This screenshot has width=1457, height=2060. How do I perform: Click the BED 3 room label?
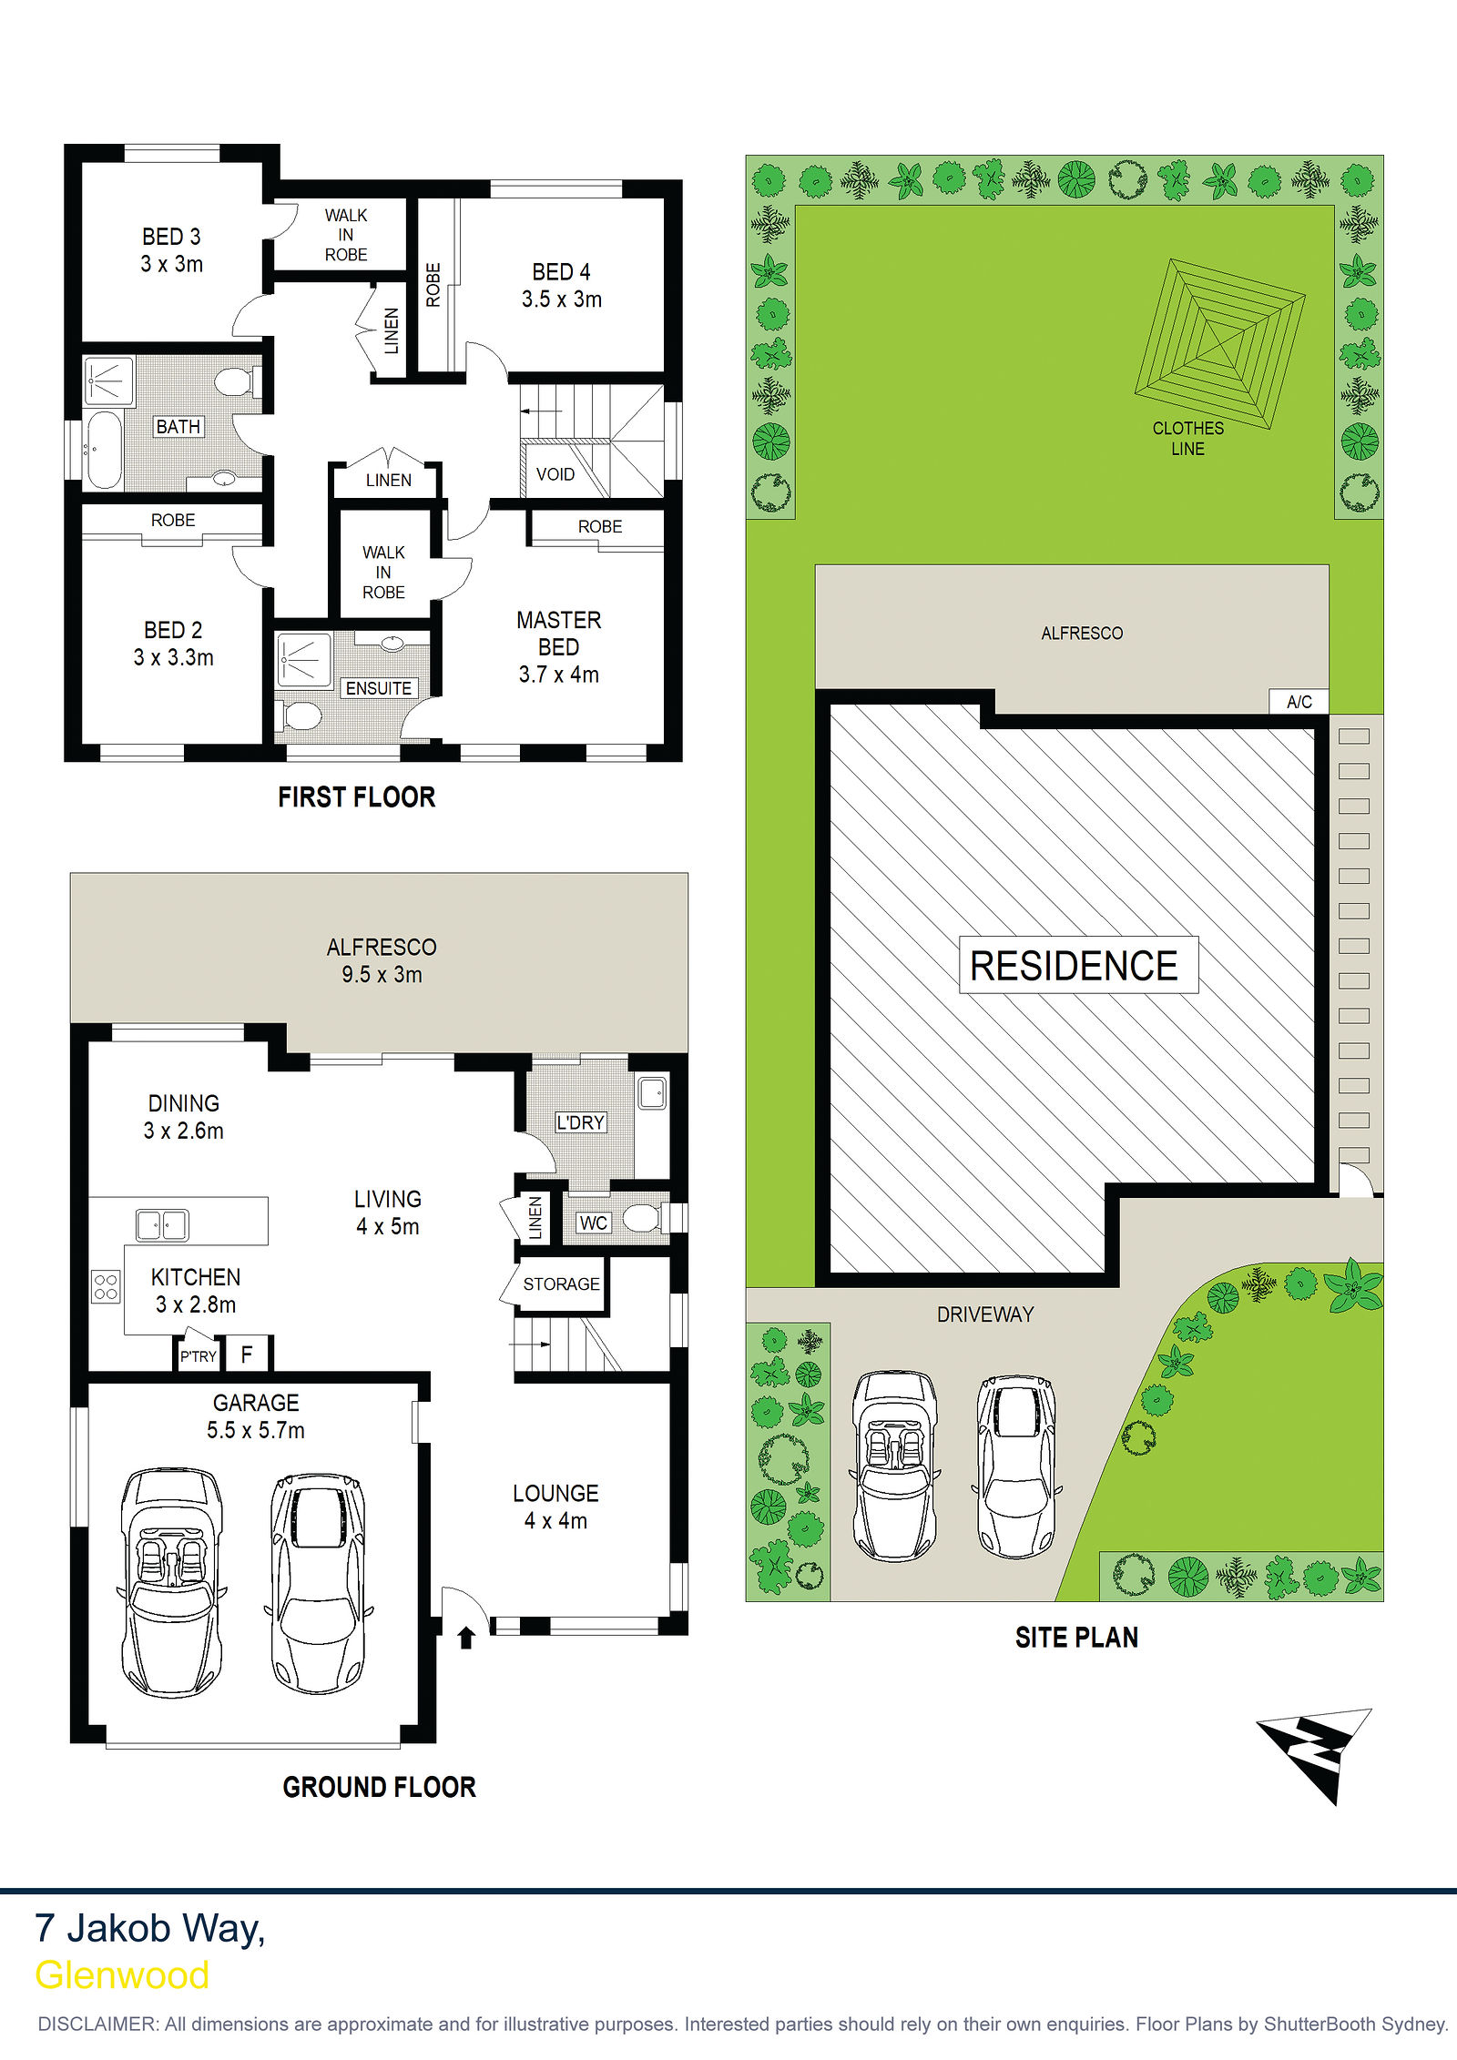pyautogui.click(x=171, y=237)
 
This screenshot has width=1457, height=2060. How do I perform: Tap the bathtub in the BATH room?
pyautogui.click(x=102, y=451)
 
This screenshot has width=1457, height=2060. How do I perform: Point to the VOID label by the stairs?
pyautogui.click(x=555, y=474)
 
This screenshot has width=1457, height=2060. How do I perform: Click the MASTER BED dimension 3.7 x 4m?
pyautogui.click(x=559, y=675)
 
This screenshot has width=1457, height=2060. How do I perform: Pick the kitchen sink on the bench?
pyautogui.click(x=162, y=1225)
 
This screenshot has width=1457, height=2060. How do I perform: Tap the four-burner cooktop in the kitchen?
pyautogui.click(x=106, y=1286)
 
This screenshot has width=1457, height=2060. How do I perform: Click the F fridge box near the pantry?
pyautogui.click(x=247, y=1355)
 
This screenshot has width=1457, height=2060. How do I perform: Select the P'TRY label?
pyautogui.click(x=198, y=1356)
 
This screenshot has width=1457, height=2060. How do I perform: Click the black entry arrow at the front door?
pyautogui.click(x=466, y=1638)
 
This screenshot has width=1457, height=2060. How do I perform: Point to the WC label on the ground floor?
pyautogui.click(x=594, y=1223)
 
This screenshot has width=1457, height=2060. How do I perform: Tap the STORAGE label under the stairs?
pyautogui.click(x=561, y=1284)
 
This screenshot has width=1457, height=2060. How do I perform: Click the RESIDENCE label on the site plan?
pyautogui.click(x=1075, y=965)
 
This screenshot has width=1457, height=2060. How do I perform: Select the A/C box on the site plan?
pyautogui.click(x=1299, y=702)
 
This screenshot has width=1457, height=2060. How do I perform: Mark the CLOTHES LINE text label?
pyautogui.click(x=1188, y=439)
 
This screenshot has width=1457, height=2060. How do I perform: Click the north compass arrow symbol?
pyautogui.click(x=1316, y=1754)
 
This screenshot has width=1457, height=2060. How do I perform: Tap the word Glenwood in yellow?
pyautogui.click(x=122, y=1974)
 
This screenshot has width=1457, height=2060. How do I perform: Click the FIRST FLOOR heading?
pyautogui.click(x=357, y=797)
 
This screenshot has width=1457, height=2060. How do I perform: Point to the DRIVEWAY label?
pyautogui.click(x=985, y=1314)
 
